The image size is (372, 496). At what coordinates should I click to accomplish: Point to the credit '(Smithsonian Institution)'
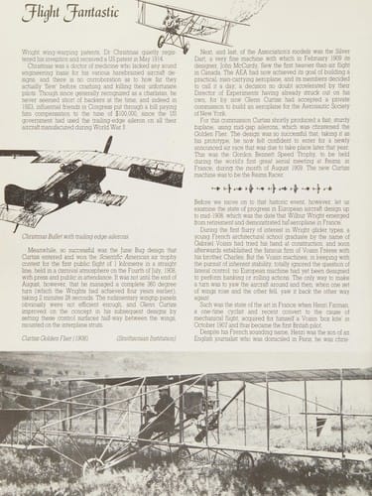tap(145, 338)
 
